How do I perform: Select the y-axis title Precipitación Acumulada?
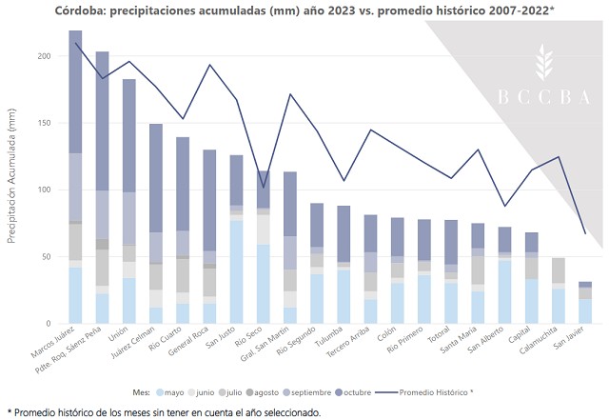[x=12, y=181]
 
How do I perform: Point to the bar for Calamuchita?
[x=532, y=290]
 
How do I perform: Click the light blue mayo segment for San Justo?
[x=236, y=271]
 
